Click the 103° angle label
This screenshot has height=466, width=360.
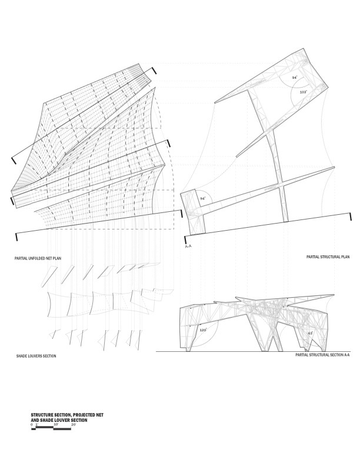coord(303,92)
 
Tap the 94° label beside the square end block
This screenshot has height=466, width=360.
coord(203,199)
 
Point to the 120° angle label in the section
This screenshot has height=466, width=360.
coord(204,331)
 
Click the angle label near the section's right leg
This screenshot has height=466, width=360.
coord(310,333)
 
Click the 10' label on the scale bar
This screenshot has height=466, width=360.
coord(55,424)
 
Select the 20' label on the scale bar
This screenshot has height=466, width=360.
coord(73,424)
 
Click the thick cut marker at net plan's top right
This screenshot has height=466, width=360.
coord(154,71)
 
